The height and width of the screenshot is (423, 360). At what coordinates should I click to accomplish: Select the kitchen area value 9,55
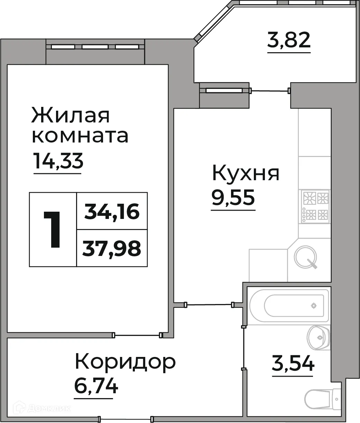tap(233, 197)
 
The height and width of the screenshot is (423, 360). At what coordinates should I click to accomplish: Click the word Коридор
tap(125, 362)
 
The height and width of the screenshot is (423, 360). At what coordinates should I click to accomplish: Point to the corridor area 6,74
tap(96, 385)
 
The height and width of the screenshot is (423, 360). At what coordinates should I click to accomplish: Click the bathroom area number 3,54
tap(293, 364)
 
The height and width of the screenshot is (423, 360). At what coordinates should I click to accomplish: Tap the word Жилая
tap(71, 115)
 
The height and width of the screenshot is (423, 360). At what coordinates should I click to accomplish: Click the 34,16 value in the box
tap(112, 211)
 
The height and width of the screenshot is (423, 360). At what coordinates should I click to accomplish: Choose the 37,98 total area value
tap(112, 248)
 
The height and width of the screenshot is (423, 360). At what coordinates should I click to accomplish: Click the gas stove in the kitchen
tap(315, 206)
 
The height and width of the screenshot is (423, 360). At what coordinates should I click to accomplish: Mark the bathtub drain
tap(314, 306)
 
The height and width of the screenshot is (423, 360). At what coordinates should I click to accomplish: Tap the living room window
tap(95, 46)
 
